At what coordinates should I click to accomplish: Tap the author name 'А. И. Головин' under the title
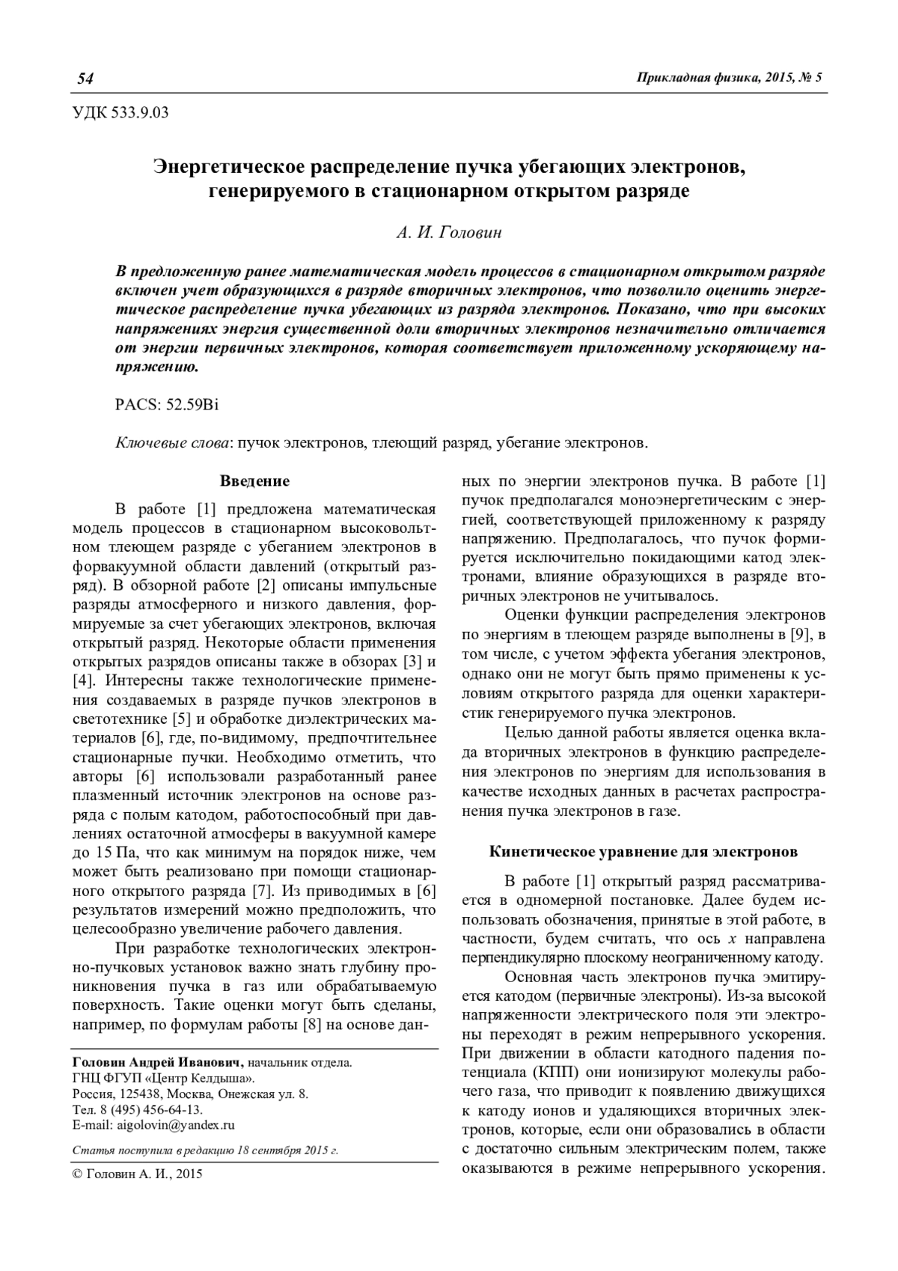pyautogui.click(x=449, y=232)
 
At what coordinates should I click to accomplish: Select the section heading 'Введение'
pyautogui.click(x=254, y=481)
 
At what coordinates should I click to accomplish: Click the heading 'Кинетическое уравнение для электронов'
pyautogui.click(x=643, y=851)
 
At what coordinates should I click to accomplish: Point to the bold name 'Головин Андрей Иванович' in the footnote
pyautogui.click(x=157, y=1063)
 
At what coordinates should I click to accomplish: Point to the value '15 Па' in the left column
pyautogui.click(x=106, y=853)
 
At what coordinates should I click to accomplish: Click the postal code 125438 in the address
pyautogui.click(x=137, y=1094)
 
